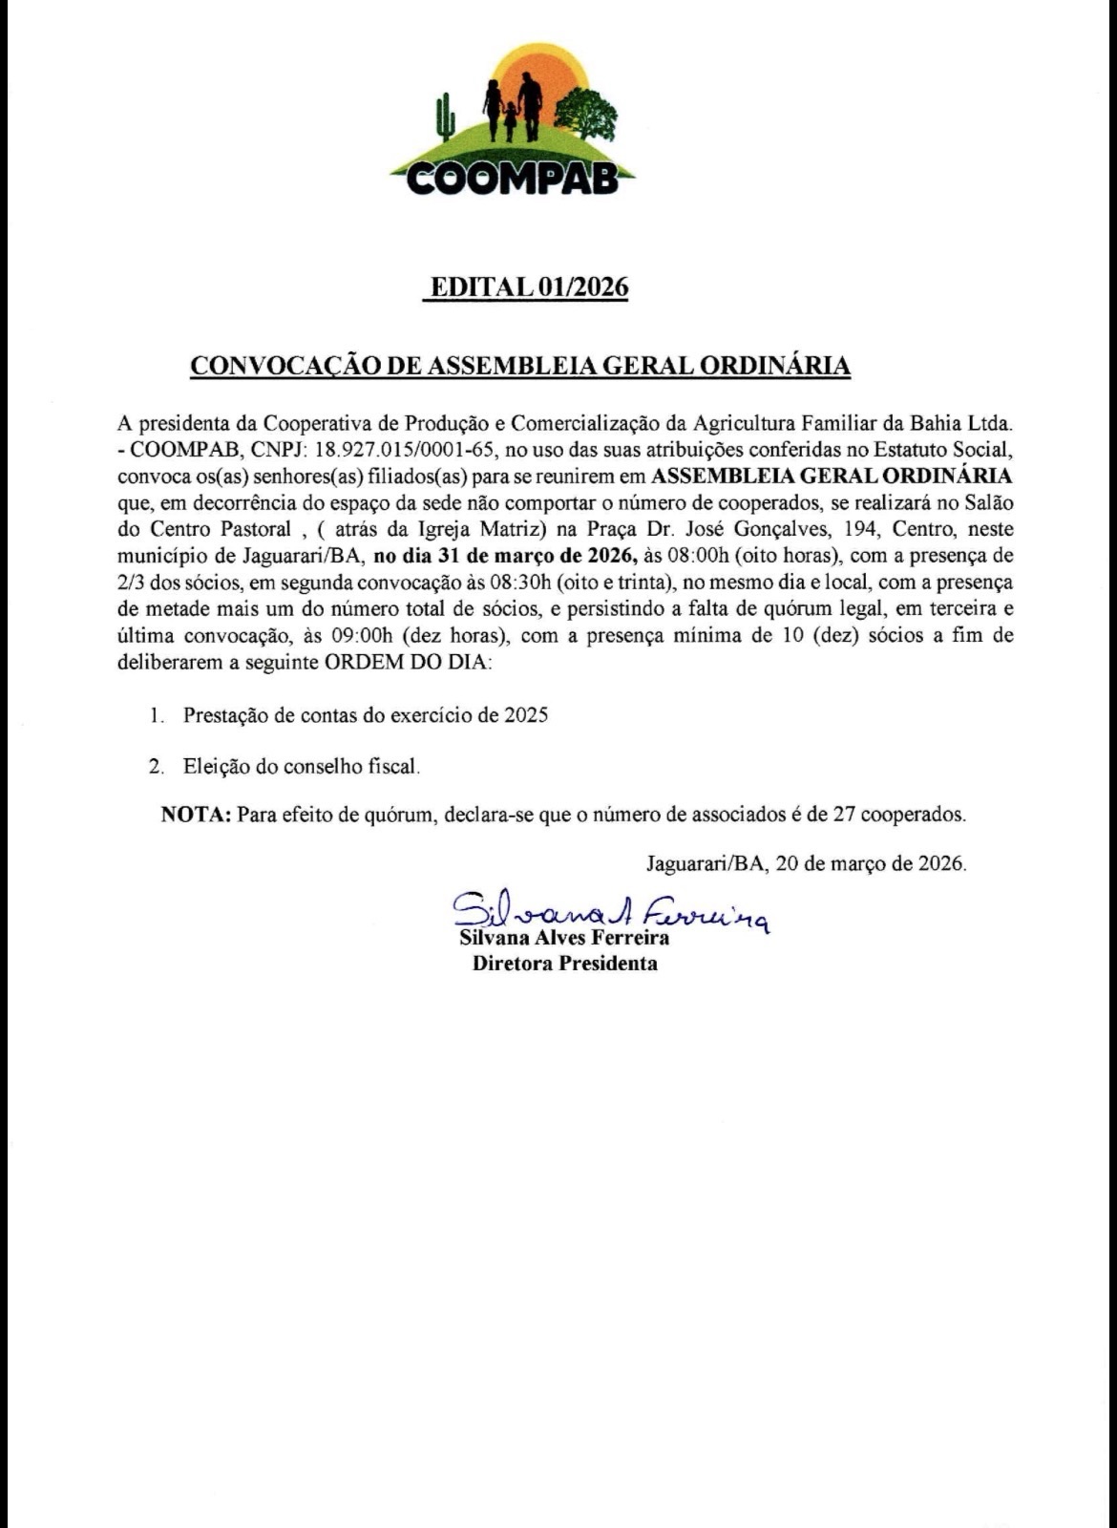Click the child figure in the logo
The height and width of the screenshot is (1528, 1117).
510,118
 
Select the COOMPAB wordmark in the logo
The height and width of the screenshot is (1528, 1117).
513,178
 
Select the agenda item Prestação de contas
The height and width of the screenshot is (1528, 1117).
366,715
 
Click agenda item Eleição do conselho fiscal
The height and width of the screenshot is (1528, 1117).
302,766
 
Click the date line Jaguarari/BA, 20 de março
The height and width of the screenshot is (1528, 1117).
806,864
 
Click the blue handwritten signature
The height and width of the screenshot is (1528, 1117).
607,910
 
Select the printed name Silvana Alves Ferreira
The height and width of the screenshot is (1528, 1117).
564,938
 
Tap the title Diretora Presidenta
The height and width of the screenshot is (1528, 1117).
564,964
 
